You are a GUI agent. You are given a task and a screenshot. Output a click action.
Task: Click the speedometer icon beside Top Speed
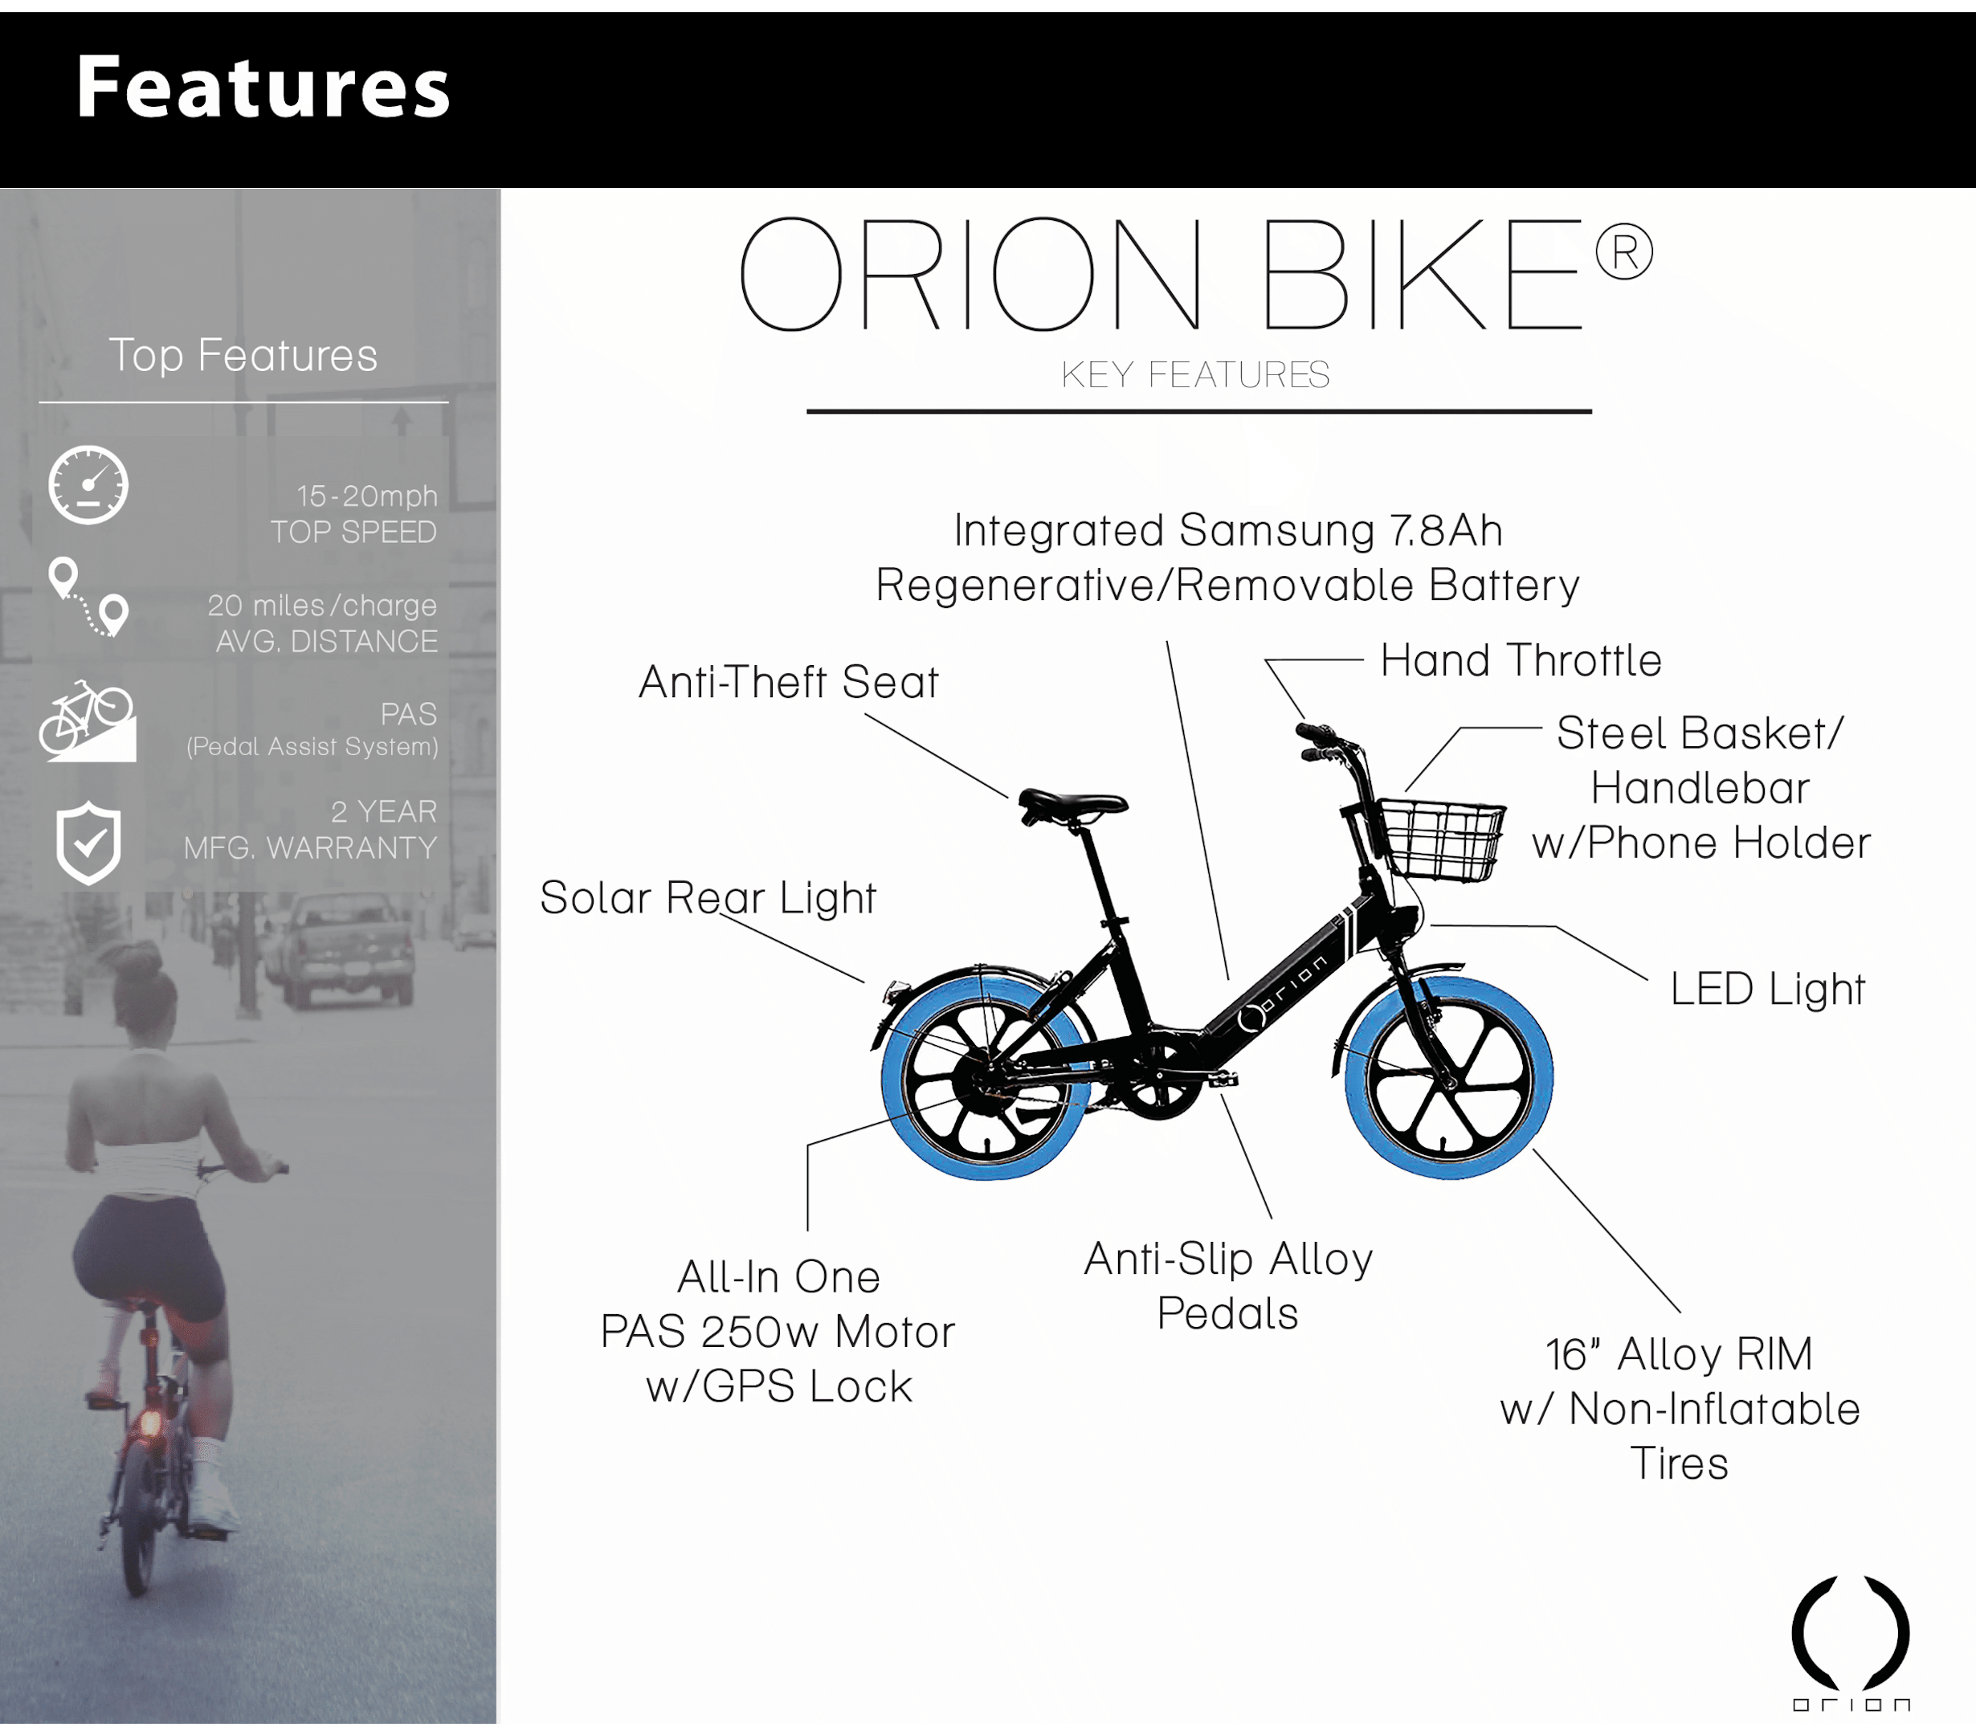click(88, 484)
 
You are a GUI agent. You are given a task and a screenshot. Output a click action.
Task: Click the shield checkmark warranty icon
click(88, 843)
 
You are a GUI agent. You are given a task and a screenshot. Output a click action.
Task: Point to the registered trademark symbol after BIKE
click(1624, 252)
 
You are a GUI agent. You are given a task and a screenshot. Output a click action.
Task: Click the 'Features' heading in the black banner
click(263, 87)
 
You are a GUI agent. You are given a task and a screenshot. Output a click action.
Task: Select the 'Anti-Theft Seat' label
click(789, 682)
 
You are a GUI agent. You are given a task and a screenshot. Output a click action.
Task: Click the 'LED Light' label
click(1768, 990)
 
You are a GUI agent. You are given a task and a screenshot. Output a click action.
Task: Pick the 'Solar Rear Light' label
click(708, 898)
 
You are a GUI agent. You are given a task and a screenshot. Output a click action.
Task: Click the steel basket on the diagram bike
click(1441, 839)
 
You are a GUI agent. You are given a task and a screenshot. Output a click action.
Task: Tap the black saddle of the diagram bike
click(1072, 805)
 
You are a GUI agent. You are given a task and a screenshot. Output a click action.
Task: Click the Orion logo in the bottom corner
click(1851, 1643)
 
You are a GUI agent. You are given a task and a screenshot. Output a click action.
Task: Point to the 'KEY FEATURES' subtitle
click(1195, 375)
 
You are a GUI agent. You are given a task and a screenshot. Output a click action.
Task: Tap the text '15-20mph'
click(366, 496)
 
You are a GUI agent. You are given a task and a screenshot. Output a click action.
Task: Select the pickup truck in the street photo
click(339, 949)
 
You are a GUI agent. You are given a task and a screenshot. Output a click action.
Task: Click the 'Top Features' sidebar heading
click(243, 356)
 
